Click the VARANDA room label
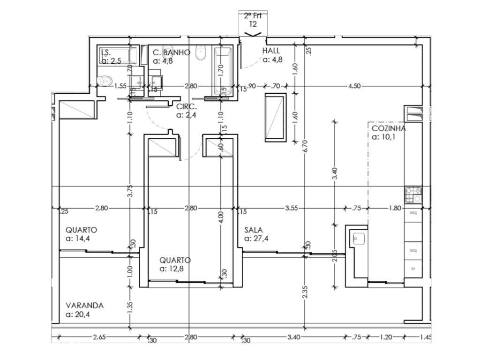click(x=85, y=305)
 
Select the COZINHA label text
click(x=389, y=128)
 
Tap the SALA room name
click(x=254, y=230)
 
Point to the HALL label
click(x=271, y=51)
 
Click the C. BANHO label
click(x=171, y=52)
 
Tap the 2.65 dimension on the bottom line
click(x=99, y=337)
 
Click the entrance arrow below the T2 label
click(x=253, y=34)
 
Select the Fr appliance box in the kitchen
click(x=413, y=269)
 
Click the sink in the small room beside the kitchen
click(x=360, y=239)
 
